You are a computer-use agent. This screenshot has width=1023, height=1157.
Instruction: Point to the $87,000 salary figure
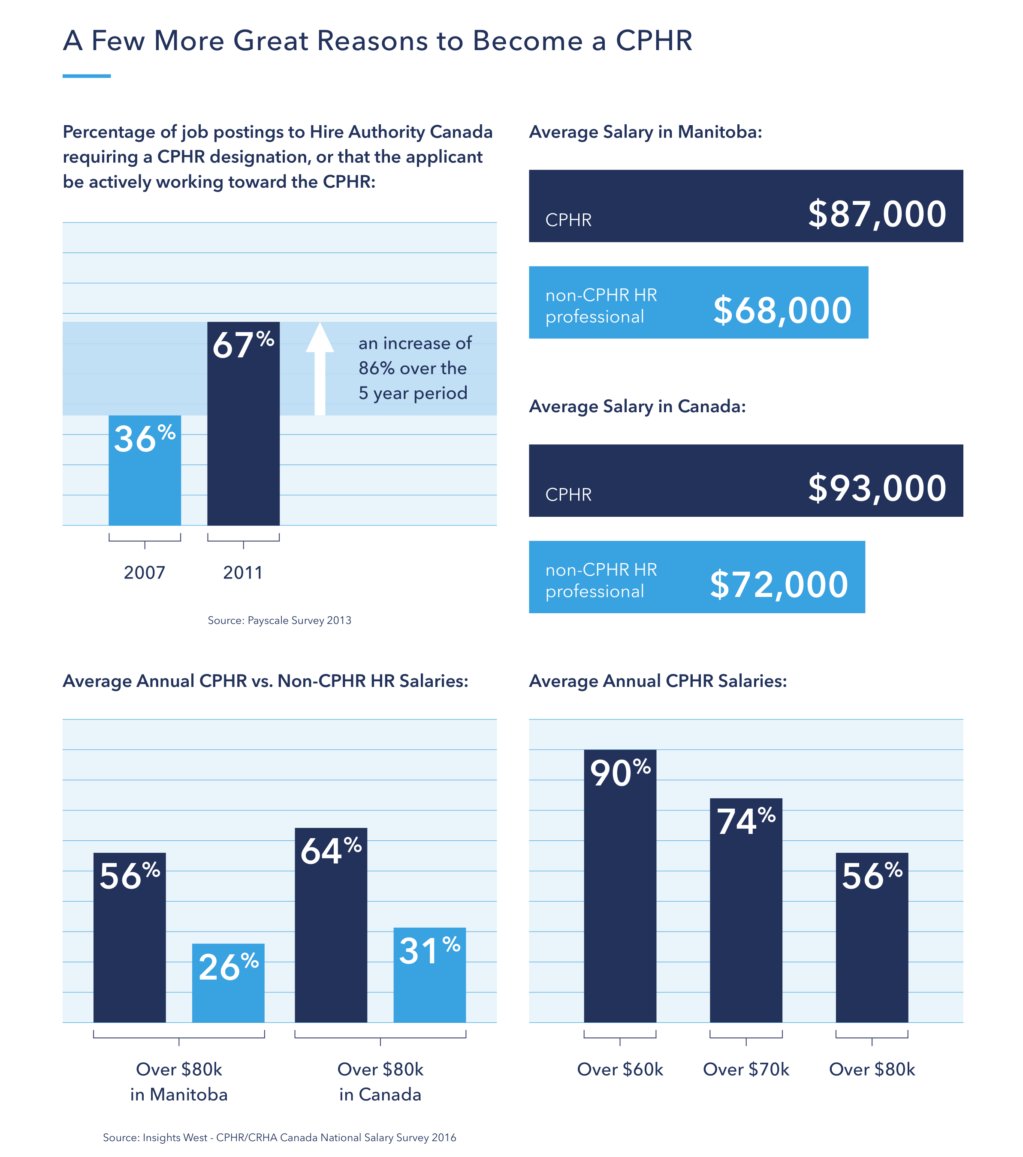pos(876,214)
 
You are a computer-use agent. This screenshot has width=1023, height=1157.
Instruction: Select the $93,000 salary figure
pos(876,488)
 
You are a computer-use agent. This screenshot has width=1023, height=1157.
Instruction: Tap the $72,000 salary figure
pos(779,585)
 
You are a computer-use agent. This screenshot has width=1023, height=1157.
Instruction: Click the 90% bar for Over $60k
pos(620,887)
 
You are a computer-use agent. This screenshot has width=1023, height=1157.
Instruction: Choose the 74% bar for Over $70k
pos(745,910)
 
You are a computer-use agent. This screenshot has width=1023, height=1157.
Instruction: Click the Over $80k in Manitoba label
pos(178,1081)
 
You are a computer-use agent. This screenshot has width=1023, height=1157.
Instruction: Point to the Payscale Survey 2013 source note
pos(279,620)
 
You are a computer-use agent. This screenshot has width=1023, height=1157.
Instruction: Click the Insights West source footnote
pos(279,1138)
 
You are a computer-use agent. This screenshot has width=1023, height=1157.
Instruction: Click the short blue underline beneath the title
pos(86,76)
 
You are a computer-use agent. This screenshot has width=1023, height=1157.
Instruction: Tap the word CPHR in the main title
pos(654,41)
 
